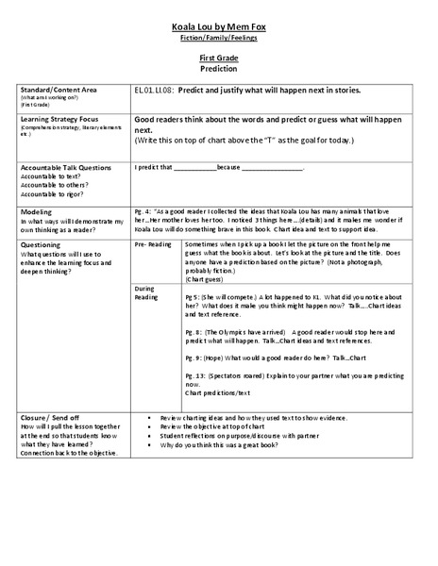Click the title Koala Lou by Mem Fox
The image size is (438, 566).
tap(218, 30)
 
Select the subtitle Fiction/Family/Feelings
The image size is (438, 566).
tap(218, 42)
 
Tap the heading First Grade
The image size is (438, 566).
tap(218, 58)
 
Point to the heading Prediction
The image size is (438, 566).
tap(218, 69)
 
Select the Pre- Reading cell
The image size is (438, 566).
tap(153, 243)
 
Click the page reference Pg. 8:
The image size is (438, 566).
tap(194, 334)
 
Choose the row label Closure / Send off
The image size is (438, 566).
tap(45, 416)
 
